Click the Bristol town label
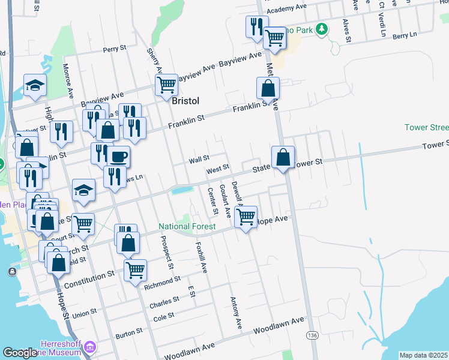[x=185, y=101]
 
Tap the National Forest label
[x=187, y=226]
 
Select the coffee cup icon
[x=118, y=157]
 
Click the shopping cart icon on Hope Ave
[x=245, y=218]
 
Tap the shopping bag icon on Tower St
[x=283, y=158]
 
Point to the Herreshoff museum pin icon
[x=90, y=347]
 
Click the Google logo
[x=20, y=353]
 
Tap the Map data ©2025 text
[x=423, y=355]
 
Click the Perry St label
[x=116, y=50]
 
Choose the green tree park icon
[x=322, y=28]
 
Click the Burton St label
[x=129, y=331]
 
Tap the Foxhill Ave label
[x=201, y=257]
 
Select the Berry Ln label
[x=405, y=36]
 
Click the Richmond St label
[x=162, y=280]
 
